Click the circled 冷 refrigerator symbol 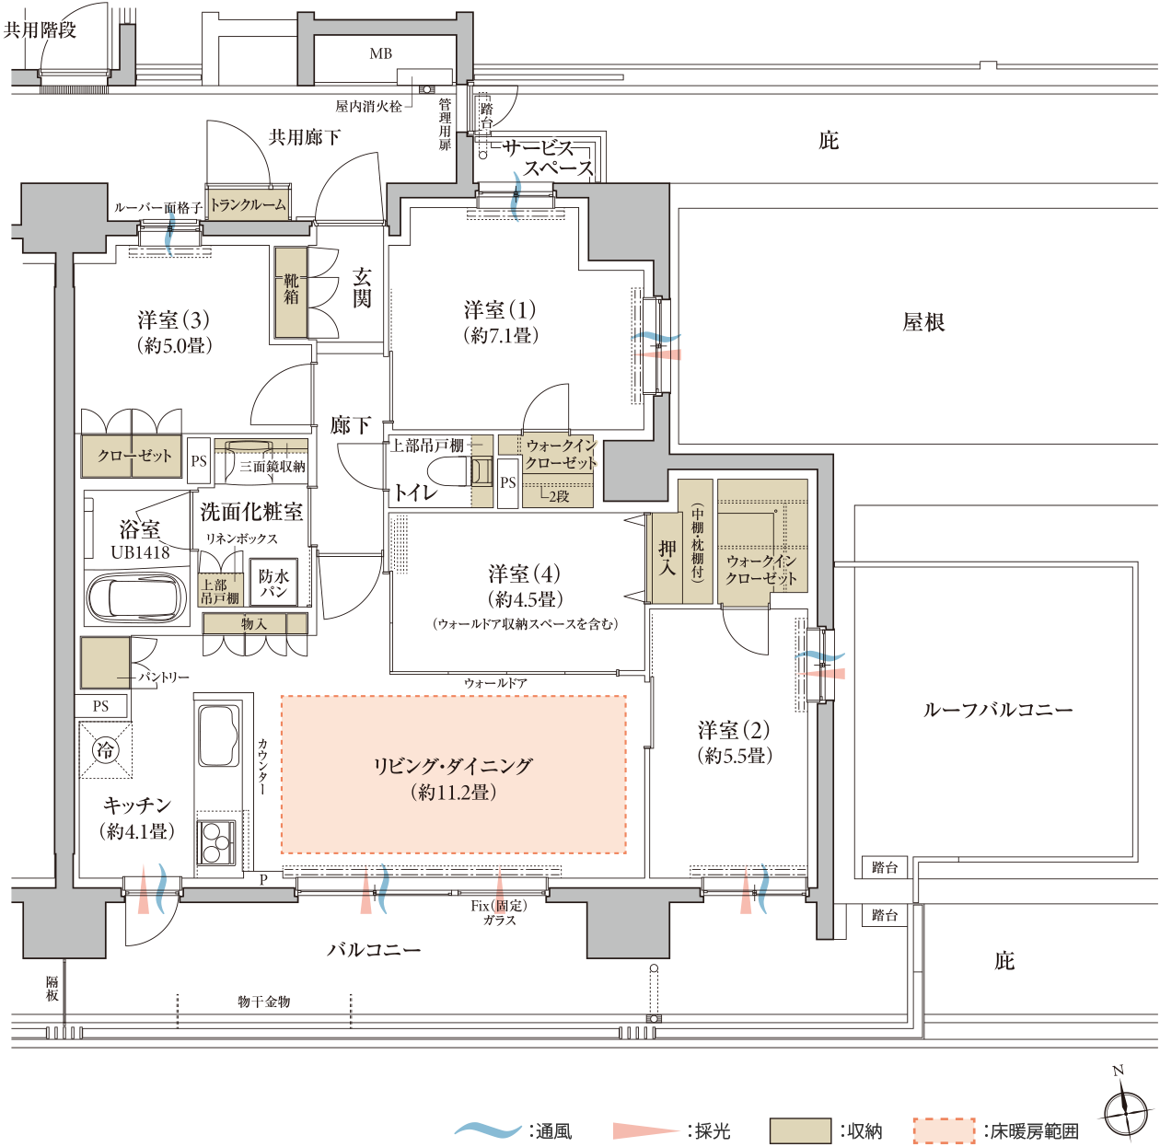105,749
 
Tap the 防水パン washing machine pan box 274,582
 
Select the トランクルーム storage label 248,204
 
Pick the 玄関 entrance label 362,288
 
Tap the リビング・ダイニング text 453,765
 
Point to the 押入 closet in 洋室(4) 667,557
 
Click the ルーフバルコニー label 997,709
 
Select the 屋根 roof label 922,323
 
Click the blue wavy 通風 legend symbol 487,1129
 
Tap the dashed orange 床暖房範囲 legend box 944,1130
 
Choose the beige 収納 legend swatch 800,1130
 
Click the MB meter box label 380,54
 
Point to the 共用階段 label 40,29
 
